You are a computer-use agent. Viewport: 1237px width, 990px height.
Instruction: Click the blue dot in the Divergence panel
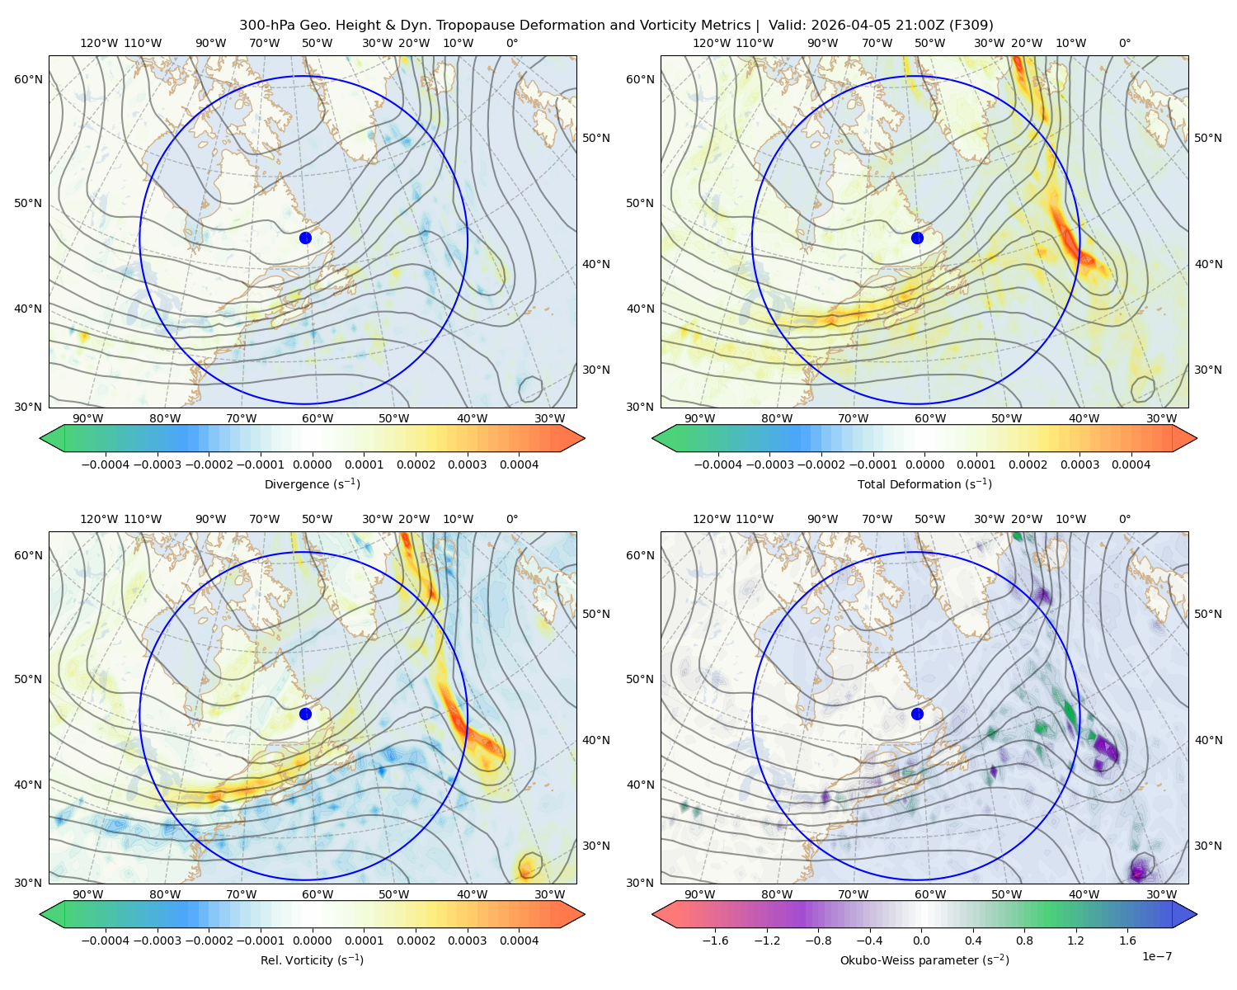[x=305, y=238]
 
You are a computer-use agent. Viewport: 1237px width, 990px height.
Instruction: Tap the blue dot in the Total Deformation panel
[x=917, y=238]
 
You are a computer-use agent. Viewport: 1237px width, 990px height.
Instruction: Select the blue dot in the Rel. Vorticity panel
[x=305, y=714]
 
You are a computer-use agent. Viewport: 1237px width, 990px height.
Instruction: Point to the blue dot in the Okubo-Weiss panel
[x=917, y=714]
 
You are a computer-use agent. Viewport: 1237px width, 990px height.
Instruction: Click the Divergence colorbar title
[x=312, y=483]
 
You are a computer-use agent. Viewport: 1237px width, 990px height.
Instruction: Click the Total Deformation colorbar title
[x=924, y=483]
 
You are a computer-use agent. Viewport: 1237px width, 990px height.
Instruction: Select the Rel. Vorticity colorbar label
[x=312, y=959]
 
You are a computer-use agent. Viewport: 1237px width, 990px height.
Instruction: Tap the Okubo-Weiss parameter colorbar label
[x=924, y=959]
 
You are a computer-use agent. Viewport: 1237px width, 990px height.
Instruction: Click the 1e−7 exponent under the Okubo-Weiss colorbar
[x=1156, y=956]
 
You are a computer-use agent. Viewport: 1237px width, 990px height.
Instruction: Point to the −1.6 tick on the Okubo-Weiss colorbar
[x=715, y=940]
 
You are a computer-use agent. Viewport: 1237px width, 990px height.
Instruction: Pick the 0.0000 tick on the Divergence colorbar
[x=312, y=464]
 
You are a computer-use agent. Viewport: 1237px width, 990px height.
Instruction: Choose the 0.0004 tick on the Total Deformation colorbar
[x=1131, y=464]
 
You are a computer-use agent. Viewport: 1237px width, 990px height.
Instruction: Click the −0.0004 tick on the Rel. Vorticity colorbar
[x=106, y=940]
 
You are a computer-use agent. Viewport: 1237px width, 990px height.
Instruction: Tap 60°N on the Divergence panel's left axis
[x=28, y=79]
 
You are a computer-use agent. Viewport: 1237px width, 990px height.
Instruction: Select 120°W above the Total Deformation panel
[x=711, y=43]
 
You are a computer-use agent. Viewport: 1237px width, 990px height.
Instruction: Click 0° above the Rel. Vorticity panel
[x=512, y=519]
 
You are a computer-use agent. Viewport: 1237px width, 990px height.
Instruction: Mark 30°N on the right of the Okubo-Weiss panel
[x=1207, y=846]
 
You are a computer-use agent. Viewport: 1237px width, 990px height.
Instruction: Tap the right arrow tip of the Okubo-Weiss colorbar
[x=1197, y=914]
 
